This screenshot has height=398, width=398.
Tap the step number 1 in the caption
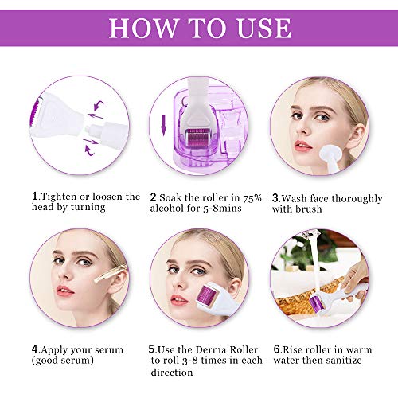[33, 196]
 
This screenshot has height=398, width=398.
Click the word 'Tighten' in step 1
[58, 196]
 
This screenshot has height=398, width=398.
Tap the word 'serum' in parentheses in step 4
[75, 360]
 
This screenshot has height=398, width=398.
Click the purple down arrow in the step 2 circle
[165, 127]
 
